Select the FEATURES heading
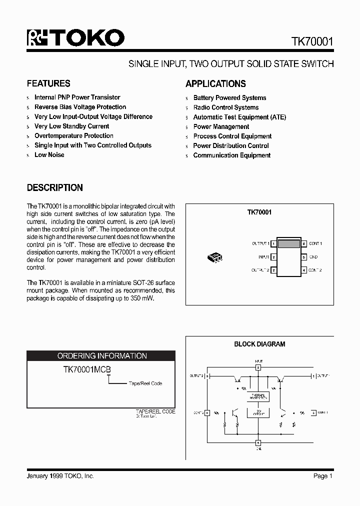(x=48, y=83)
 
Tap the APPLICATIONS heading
(x=215, y=84)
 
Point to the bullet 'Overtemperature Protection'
(x=73, y=136)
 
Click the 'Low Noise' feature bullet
(x=49, y=155)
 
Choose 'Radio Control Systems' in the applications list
(x=225, y=107)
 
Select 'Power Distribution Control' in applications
(x=230, y=146)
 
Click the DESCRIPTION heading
(x=54, y=188)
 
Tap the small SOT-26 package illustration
(x=215, y=258)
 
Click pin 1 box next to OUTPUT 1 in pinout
(x=274, y=243)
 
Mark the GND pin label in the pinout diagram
(x=313, y=257)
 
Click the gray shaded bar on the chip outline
(x=289, y=244)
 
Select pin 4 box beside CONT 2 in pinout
(x=304, y=270)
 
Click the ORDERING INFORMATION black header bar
(x=101, y=356)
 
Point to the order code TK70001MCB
(x=86, y=370)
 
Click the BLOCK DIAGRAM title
(x=259, y=344)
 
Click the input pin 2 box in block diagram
(x=258, y=367)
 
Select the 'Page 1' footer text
(x=322, y=476)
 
